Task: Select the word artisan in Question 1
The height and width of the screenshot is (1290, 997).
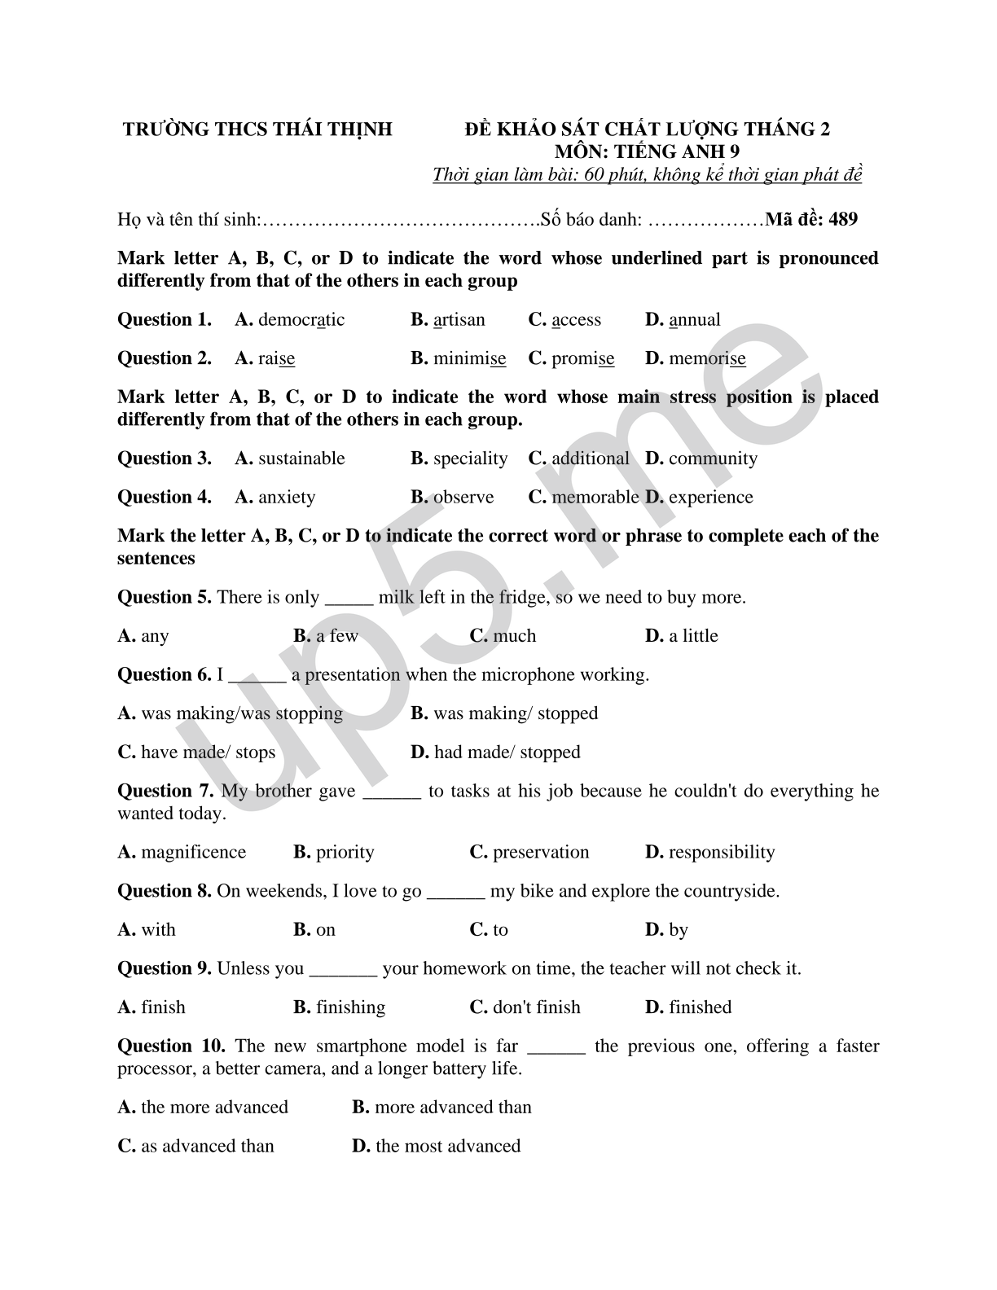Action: click(x=459, y=320)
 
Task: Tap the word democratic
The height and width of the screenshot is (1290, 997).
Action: click(x=301, y=320)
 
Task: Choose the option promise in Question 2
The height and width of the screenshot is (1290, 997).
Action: click(x=582, y=359)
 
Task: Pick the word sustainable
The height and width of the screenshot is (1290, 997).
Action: click(x=301, y=459)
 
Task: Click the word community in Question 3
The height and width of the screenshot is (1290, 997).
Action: click(x=713, y=459)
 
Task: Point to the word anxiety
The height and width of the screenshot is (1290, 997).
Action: click(x=286, y=498)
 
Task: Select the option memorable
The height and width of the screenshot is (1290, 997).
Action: click(x=595, y=498)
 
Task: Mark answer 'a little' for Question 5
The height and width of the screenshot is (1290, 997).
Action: click(x=693, y=636)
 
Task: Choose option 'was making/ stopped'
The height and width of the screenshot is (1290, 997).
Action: click(x=516, y=713)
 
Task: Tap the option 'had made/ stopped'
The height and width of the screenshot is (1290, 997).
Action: click(x=507, y=752)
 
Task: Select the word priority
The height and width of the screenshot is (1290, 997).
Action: click(x=345, y=853)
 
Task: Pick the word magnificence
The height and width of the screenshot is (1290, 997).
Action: click(x=193, y=853)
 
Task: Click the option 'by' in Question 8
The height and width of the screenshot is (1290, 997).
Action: click(x=678, y=930)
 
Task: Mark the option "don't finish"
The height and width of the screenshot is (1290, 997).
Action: click(x=536, y=1007)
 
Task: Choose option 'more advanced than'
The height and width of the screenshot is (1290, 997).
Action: click(x=453, y=1108)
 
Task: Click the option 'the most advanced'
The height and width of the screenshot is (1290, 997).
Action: click(x=448, y=1147)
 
